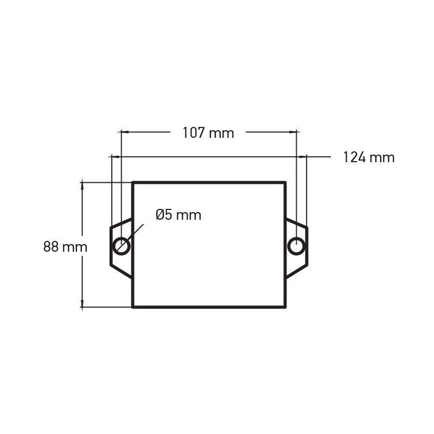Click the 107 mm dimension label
click(208, 133)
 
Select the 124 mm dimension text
click(368, 157)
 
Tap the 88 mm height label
click(65, 247)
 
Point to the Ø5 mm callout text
click(178, 215)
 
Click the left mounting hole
click(121, 246)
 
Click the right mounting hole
click(296, 246)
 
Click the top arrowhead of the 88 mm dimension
click(82, 185)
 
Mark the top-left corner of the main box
click(133, 183)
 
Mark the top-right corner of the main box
click(285, 183)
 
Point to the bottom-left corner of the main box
click(133, 307)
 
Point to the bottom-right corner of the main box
click(285, 307)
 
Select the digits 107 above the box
click(193, 133)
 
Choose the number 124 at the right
click(354, 157)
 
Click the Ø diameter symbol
click(160, 215)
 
